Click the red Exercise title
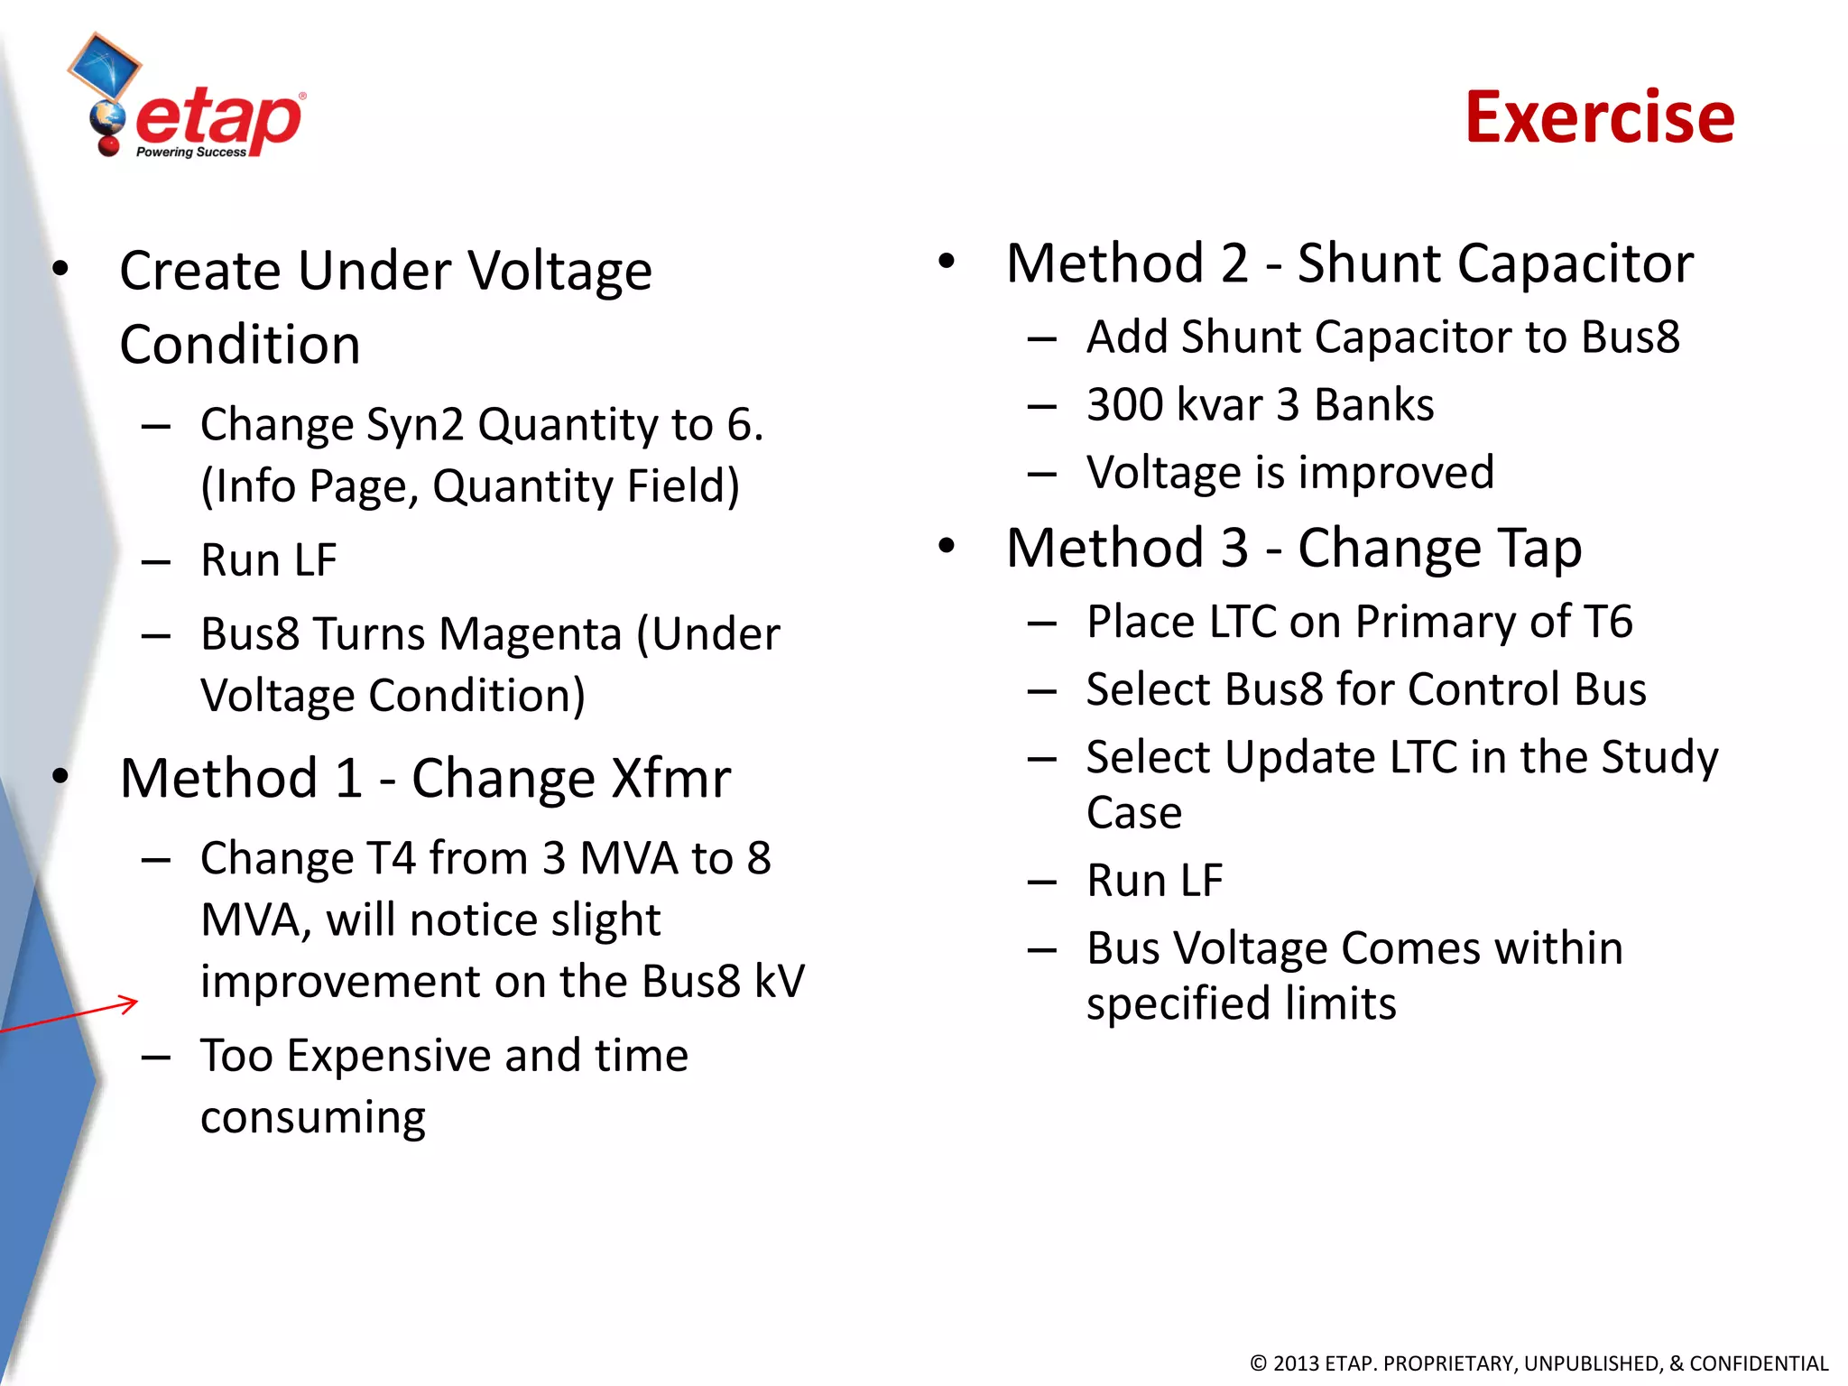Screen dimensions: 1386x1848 1599,117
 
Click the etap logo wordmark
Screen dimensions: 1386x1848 219,121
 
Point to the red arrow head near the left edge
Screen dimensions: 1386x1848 131,1003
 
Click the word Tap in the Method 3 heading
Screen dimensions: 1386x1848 1539,548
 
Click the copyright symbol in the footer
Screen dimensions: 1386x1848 1258,1363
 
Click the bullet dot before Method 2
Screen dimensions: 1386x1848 946,262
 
